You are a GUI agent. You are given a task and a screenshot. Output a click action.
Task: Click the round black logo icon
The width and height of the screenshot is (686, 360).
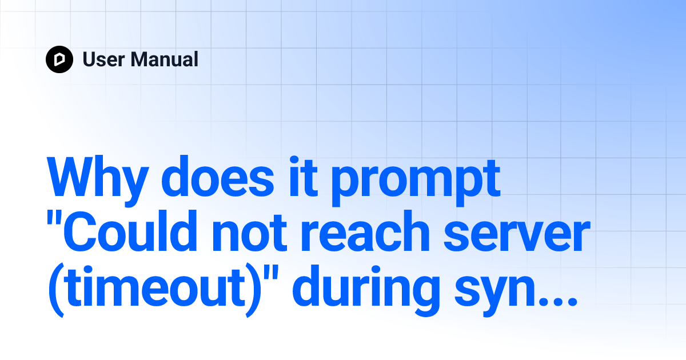pos(59,59)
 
